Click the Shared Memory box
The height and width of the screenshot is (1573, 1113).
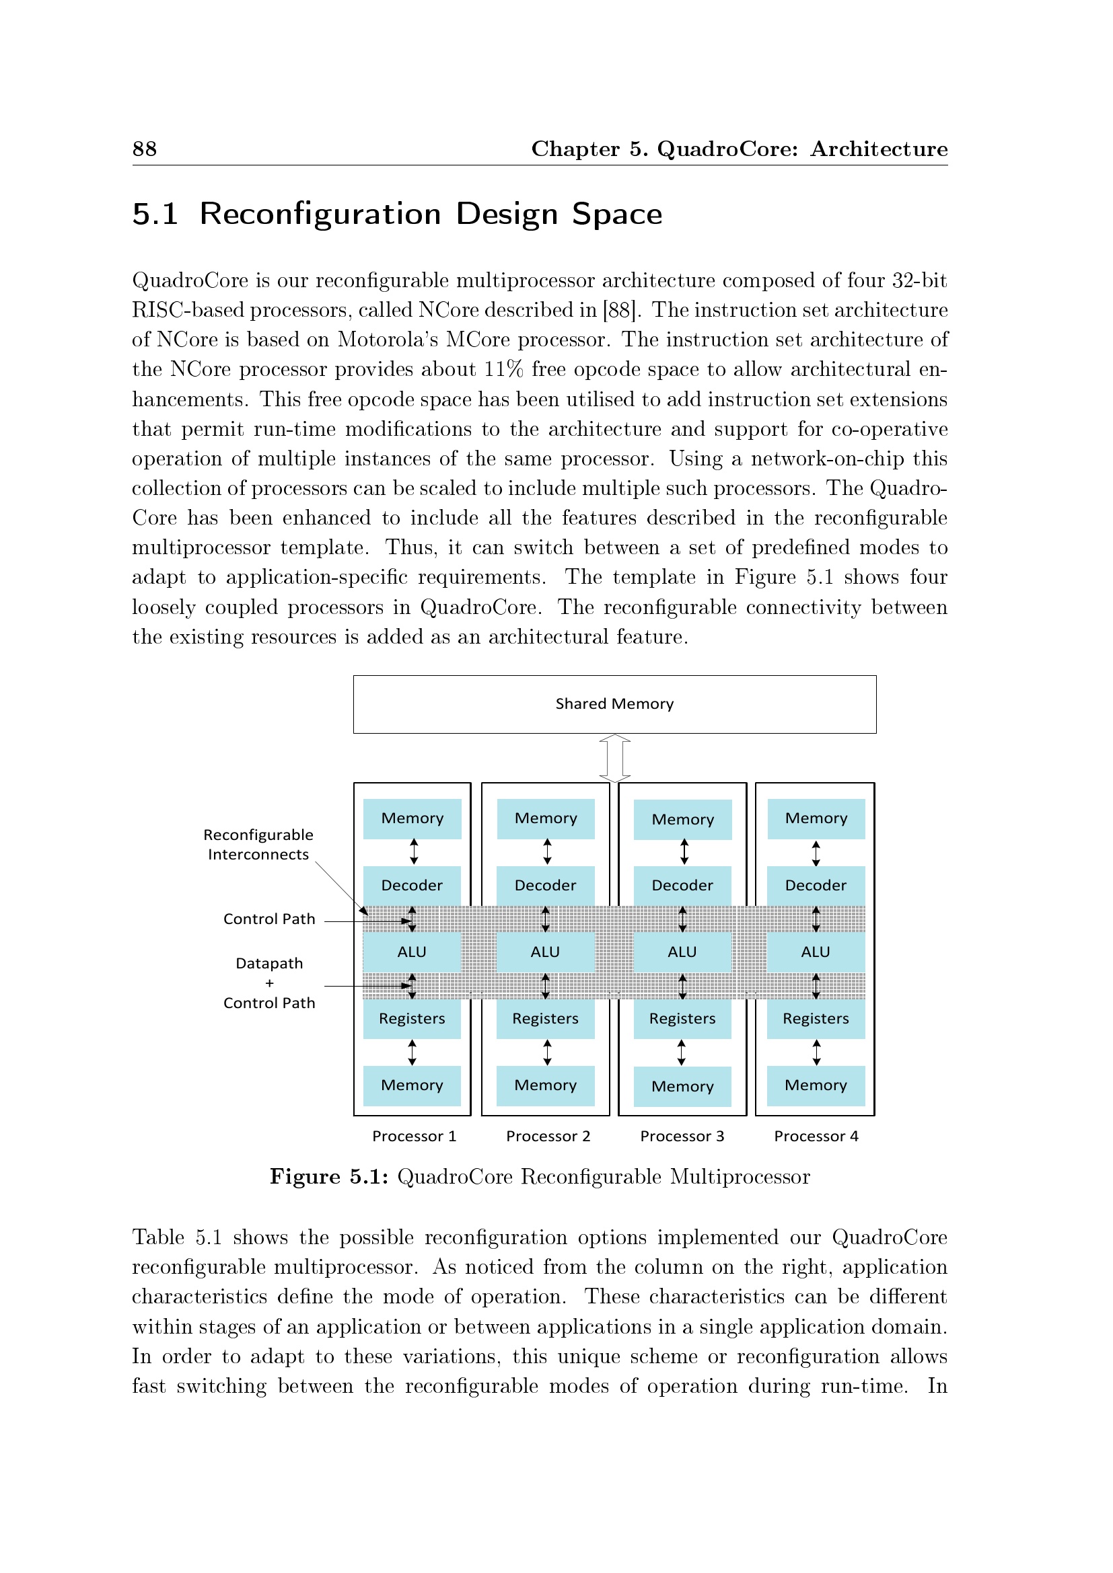click(614, 704)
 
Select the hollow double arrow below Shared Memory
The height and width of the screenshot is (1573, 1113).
click(615, 758)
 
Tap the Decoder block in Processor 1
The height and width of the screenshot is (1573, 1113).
click(412, 885)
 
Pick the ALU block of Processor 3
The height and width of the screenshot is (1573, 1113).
click(682, 952)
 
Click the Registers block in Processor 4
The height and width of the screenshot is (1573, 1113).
click(816, 1019)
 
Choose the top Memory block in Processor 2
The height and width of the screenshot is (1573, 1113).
click(546, 818)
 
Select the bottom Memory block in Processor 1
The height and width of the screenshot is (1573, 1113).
click(412, 1085)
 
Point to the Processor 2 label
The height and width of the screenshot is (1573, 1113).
click(548, 1136)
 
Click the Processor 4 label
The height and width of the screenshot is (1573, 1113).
click(816, 1136)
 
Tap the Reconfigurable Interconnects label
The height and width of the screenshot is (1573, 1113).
click(258, 845)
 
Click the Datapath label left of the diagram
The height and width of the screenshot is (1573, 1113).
click(269, 963)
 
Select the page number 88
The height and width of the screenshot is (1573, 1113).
click(145, 149)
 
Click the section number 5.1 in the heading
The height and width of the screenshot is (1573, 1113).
click(155, 214)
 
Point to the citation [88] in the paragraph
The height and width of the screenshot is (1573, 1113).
click(621, 310)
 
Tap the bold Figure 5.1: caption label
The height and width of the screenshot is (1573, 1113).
click(329, 1177)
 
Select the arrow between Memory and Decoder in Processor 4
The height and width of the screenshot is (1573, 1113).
click(816, 853)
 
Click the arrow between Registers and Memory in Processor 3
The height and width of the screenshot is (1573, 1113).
click(681, 1052)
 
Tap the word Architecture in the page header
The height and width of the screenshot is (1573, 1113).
click(879, 149)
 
